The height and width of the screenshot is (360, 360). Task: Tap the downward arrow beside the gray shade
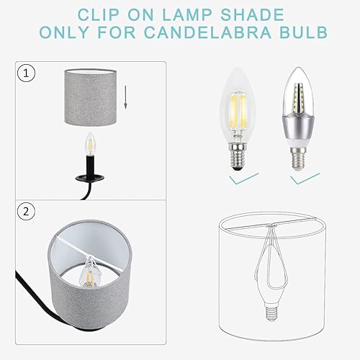click(x=125, y=96)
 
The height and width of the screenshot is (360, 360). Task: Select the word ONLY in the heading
click(x=71, y=32)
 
